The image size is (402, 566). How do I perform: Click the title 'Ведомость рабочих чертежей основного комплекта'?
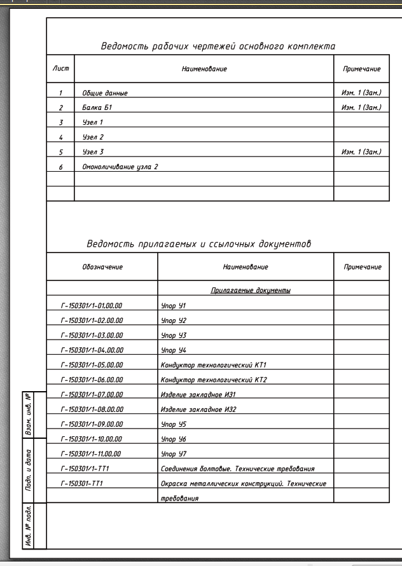pos(218,46)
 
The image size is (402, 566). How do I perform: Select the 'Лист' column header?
pos(60,68)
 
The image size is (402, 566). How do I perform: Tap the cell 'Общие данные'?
pos(105,93)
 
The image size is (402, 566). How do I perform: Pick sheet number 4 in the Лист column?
pos(60,137)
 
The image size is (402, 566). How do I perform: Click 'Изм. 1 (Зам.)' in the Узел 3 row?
pos(361,152)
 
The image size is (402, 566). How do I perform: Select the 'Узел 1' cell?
pos(93,122)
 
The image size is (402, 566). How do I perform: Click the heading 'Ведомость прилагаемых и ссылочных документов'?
pos(198,244)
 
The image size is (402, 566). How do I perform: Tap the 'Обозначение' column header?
pos(102,267)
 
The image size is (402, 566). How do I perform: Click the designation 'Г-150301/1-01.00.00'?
pos(92,306)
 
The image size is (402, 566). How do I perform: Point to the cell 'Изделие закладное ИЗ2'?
pos(198,410)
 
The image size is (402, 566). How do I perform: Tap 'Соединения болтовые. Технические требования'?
pos(238,469)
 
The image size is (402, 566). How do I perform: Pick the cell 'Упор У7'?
pos(173,454)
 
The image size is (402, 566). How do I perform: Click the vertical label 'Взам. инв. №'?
pos(28,413)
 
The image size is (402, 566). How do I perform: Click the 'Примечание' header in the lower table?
pos(362,267)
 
